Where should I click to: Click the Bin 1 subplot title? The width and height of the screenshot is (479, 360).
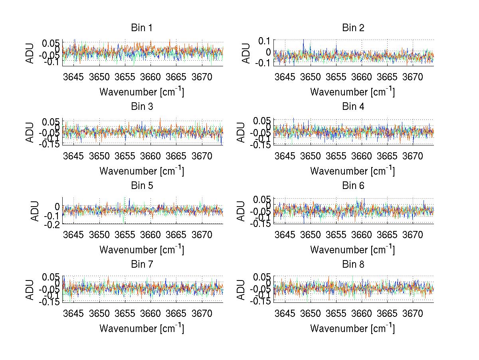click(x=142, y=28)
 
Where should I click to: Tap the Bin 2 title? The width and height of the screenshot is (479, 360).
click(x=353, y=28)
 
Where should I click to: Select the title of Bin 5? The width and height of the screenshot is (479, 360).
click(x=142, y=186)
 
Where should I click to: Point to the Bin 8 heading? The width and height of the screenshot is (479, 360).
click(x=353, y=265)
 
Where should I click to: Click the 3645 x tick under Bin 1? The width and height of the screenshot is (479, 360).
click(x=74, y=77)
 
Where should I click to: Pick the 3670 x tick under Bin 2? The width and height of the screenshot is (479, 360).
click(x=413, y=77)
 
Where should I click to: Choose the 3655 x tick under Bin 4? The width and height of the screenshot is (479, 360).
click(x=336, y=155)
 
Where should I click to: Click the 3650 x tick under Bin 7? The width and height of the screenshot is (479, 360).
click(x=99, y=313)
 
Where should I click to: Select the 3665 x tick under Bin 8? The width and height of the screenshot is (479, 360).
click(x=387, y=313)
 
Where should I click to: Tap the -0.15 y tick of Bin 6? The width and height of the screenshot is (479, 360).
click(x=261, y=223)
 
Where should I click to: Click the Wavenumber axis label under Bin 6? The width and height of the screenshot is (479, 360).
click(x=352, y=250)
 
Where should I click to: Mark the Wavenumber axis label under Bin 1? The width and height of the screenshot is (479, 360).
click(x=142, y=91)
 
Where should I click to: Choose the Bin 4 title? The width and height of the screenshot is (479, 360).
click(x=353, y=107)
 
